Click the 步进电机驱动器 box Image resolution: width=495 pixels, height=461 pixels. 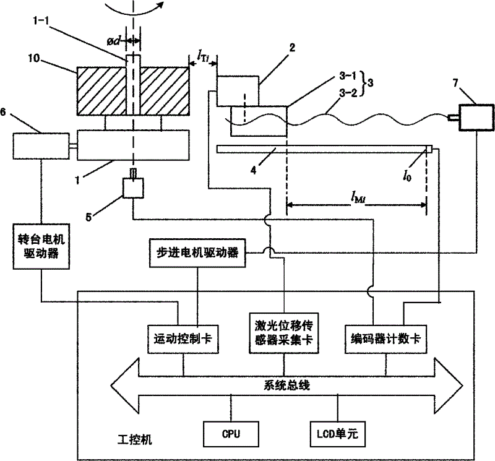pyautogui.click(x=198, y=252)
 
